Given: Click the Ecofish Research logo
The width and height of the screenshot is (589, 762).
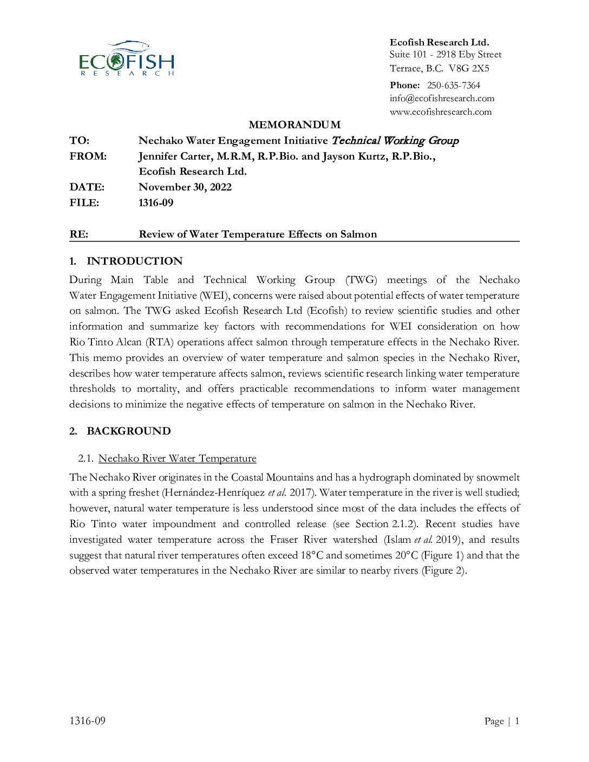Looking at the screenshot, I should coord(127,58).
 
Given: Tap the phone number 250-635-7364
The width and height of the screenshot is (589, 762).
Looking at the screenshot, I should coord(453,85).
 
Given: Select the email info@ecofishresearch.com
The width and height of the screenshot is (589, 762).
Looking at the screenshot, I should coord(442,98).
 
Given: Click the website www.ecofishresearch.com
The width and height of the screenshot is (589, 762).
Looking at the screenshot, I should coord(440,111).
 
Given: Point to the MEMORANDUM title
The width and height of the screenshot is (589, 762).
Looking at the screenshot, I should coord(294,124).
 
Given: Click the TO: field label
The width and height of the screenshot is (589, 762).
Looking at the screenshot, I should coord(79,141).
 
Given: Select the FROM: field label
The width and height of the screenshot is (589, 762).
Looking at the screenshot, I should coord(88,156).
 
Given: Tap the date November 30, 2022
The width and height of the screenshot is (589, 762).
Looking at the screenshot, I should coord(185,187).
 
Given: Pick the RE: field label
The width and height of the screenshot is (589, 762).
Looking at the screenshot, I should coord(78,234).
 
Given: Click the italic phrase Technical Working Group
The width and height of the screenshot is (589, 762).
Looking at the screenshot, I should coord(395,141).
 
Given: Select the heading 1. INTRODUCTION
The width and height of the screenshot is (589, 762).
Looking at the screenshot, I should coord(126,261).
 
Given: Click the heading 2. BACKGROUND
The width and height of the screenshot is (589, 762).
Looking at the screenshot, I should coord(120,431).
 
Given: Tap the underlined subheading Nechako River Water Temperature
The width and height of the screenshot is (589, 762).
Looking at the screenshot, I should coord(177,458).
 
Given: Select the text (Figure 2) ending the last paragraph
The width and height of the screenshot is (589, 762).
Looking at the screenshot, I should coord(443,570).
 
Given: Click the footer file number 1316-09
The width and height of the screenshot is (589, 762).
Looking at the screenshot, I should coord(87,720).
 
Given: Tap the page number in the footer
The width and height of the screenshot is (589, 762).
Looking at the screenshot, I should coord(516,721).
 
